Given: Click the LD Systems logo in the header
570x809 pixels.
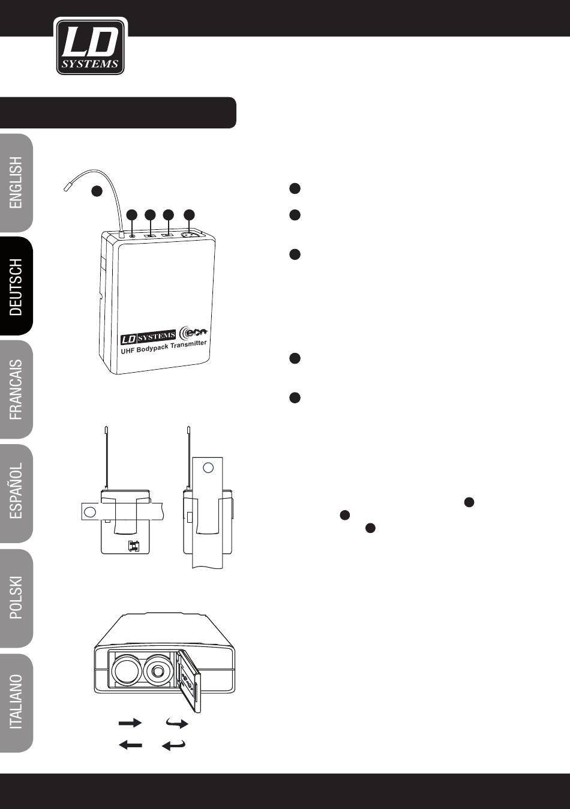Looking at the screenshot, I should pyautogui.click(x=90, y=46).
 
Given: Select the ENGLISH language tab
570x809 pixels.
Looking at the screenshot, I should pyautogui.click(x=16, y=182).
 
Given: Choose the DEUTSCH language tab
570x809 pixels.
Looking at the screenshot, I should pyautogui.click(x=16, y=286).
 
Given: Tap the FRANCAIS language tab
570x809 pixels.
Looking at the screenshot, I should pyautogui.click(x=16, y=389).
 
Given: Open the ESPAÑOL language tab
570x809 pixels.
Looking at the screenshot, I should pyautogui.click(x=16, y=493).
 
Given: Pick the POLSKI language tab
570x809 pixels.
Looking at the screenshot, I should pyautogui.click(x=16, y=598).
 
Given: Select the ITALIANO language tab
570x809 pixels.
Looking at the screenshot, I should pyautogui.click(x=16, y=702).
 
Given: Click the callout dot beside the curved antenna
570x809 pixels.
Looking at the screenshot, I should pyautogui.click(x=96, y=191).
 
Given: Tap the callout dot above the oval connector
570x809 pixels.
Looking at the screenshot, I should pyautogui.click(x=190, y=214).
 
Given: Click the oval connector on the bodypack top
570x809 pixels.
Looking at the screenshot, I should pyautogui.click(x=190, y=235).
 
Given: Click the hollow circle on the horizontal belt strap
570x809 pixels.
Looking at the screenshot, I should pyautogui.click(x=89, y=512).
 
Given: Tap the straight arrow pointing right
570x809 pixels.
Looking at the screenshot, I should pyautogui.click(x=130, y=724).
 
